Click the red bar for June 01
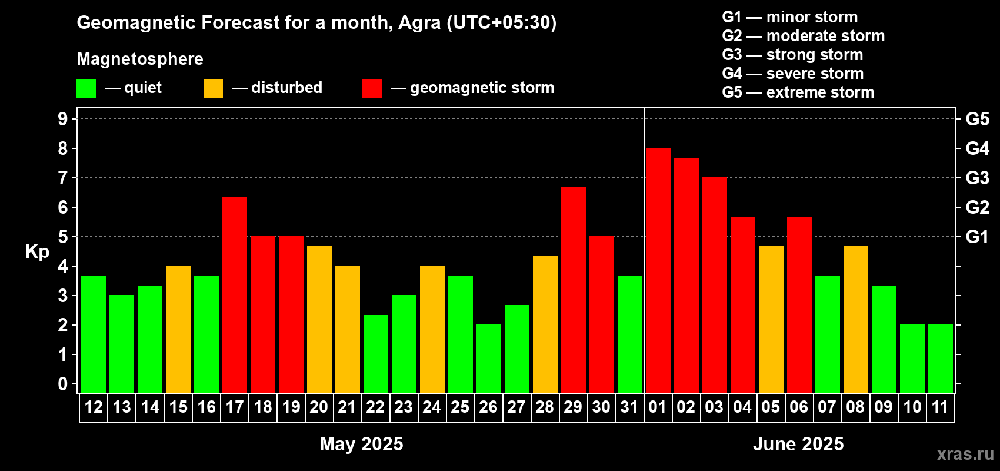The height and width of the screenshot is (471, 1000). pyautogui.click(x=658, y=270)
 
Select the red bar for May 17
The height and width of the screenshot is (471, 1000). pyautogui.click(x=234, y=295)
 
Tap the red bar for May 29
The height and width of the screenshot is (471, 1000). pyautogui.click(x=573, y=290)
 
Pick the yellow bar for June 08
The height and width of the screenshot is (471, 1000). pyautogui.click(x=856, y=320)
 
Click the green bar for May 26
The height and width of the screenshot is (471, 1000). pyautogui.click(x=489, y=359)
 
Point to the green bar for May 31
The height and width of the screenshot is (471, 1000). pyautogui.click(x=630, y=334)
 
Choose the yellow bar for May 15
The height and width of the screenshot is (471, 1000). pyautogui.click(x=178, y=329)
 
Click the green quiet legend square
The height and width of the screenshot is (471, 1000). pyautogui.click(x=86, y=88)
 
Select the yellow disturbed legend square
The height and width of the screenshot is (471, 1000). pyautogui.click(x=213, y=88)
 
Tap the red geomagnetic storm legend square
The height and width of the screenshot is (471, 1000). pyautogui.click(x=372, y=88)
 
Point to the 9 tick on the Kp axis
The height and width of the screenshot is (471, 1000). pyautogui.click(x=62, y=119)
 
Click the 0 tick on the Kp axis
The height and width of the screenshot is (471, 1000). pyautogui.click(x=62, y=384)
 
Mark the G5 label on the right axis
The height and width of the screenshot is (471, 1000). pyautogui.click(x=977, y=119)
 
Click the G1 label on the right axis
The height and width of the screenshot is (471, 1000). pyautogui.click(x=977, y=237)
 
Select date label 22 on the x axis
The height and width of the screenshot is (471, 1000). pyautogui.click(x=375, y=407)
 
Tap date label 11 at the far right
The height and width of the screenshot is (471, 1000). pyautogui.click(x=940, y=407)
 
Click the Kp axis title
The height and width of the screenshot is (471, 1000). pyautogui.click(x=37, y=252)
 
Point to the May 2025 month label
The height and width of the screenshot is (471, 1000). pyautogui.click(x=362, y=444)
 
